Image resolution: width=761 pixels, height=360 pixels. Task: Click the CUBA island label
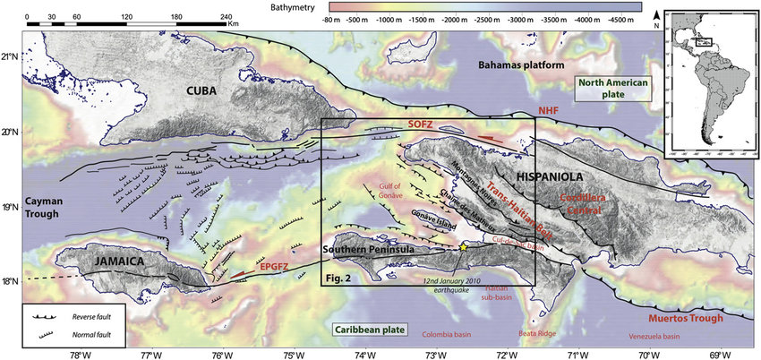[209, 90]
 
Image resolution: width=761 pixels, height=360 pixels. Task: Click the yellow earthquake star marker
[463, 246]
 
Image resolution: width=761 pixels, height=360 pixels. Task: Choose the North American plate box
[613, 87]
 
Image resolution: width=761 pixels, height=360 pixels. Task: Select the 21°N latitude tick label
[12, 57]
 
